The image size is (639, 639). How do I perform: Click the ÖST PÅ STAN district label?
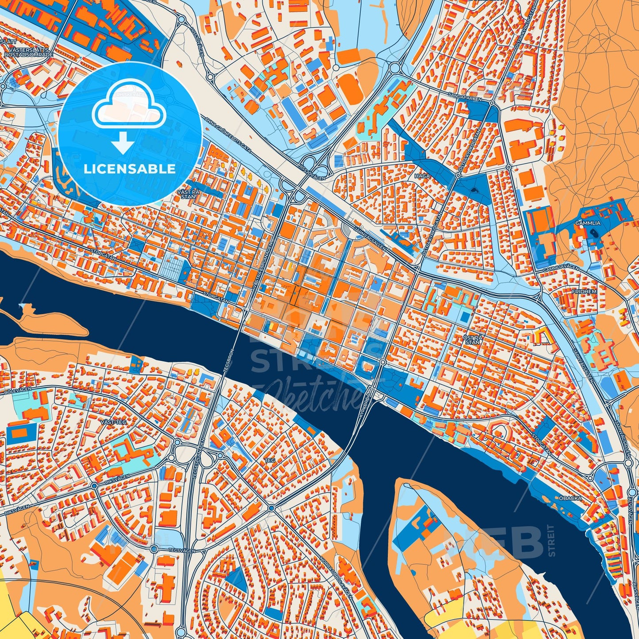tap(471, 339)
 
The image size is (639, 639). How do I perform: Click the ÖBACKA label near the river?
tap(570, 498)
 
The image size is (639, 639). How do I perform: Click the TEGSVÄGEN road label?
tap(180, 550)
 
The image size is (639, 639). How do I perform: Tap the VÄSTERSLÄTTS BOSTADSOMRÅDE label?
tap(28, 52)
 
